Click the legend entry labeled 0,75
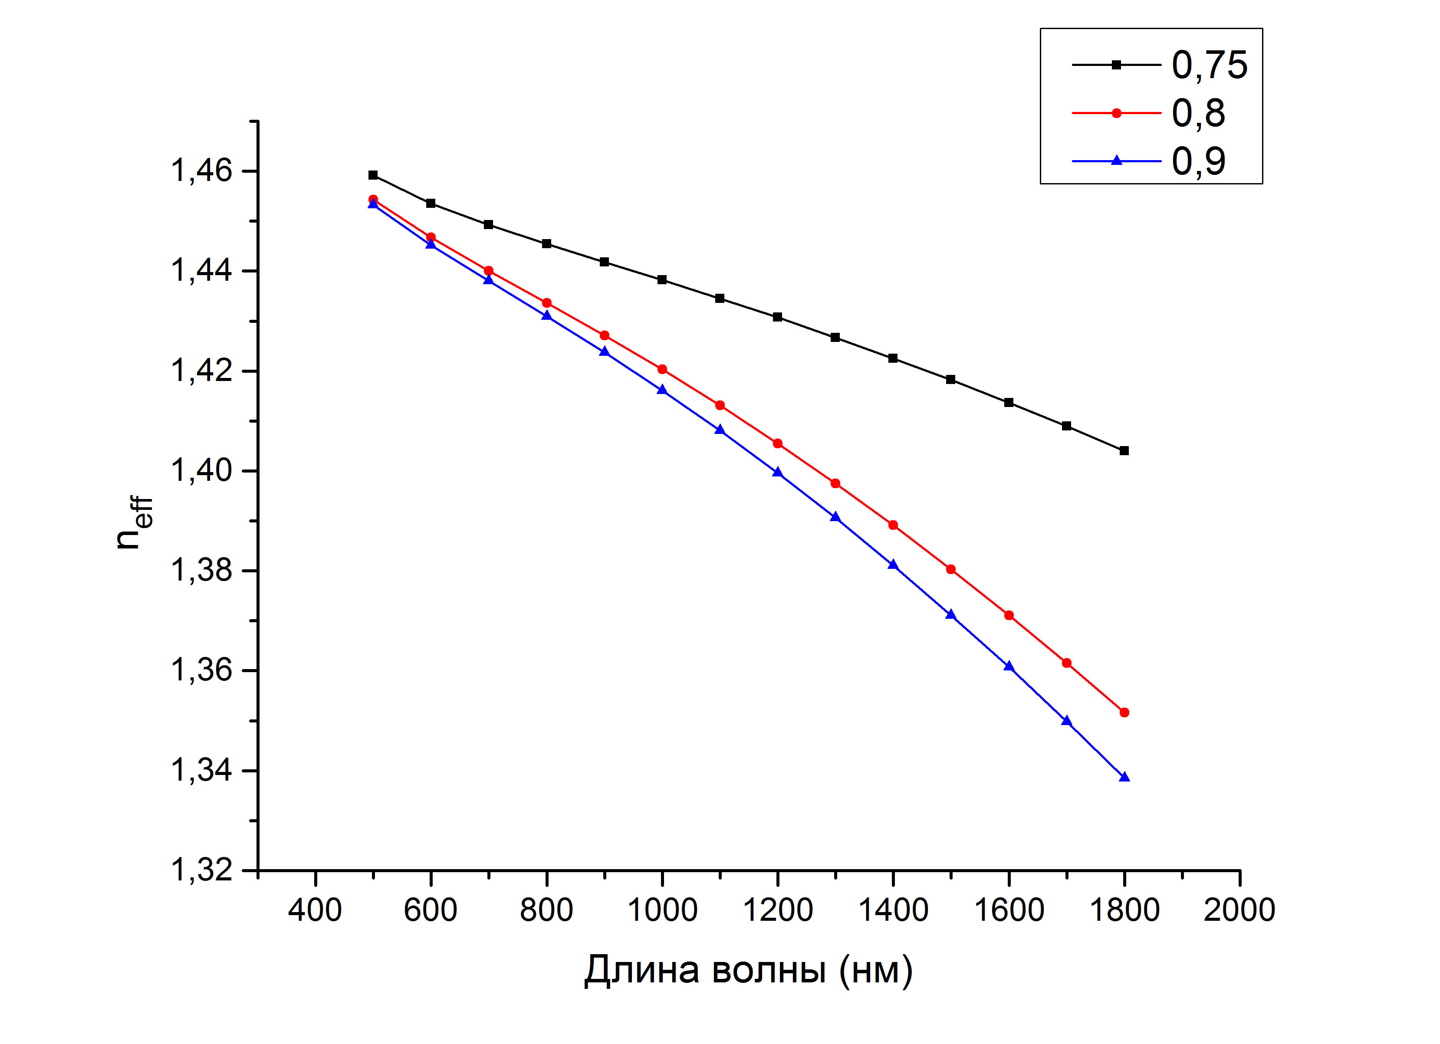click(x=1159, y=65)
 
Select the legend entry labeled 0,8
click(x=1148, y=113)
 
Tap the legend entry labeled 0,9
click(x=1148, y=161)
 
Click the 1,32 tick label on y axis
click(x=201, y=870)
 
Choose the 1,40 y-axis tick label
click(x=201, y=470)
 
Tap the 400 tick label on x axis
click(x=315, y=910)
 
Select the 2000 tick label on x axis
click(x=1239, y=910)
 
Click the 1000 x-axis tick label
click(x=662, y=910)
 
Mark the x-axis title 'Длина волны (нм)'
click(x=748, y=970)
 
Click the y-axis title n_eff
click(x=135, y=522)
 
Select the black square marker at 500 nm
click(x=373, y=175)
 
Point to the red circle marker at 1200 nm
click(x=778, y=443)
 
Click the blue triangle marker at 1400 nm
click(x=893, y=564)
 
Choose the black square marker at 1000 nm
click(x=662, y=280)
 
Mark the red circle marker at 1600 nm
click(x=1009, y=615)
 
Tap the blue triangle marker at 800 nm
click(x=547, y=315)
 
